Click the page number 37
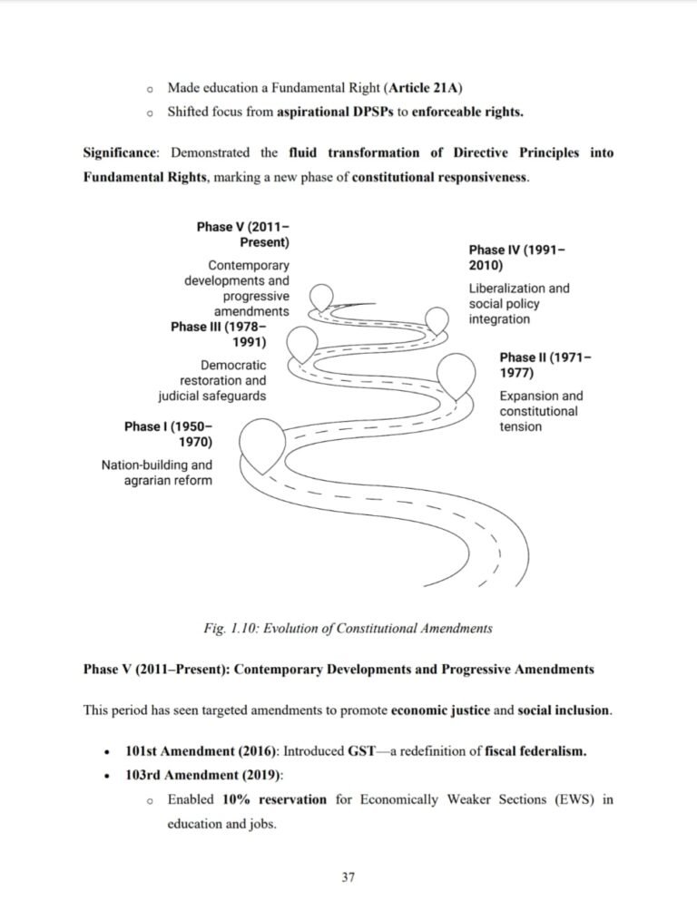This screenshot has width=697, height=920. (348, 876)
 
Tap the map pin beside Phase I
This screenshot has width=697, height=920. (262, 443)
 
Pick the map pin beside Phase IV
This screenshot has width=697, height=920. (438, 320)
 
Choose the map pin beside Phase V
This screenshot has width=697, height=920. (322, 297)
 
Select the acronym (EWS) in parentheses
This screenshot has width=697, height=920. (570, 800)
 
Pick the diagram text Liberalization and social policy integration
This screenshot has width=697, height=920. (518, 304)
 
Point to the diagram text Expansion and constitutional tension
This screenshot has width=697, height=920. (541, 411)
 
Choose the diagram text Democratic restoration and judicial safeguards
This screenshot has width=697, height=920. (212, 380)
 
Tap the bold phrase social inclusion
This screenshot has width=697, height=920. (564, 710)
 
